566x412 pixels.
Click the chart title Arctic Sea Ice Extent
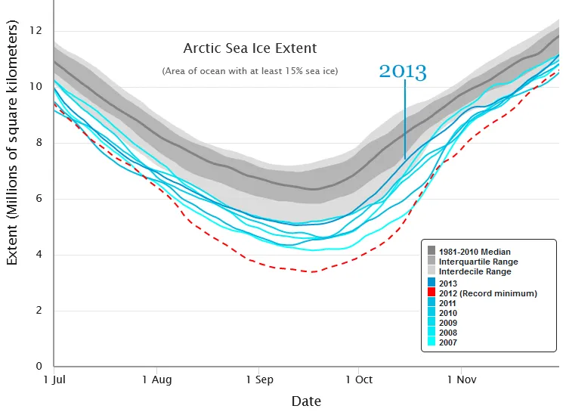[x=249, y=48]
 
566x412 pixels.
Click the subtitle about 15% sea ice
[x=249, y=71]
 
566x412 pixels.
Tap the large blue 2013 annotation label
[x=403, y=73]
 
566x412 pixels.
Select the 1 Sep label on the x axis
[x=258, y=380]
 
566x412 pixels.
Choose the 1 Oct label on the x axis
[x=358, y=380]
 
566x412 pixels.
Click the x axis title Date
[x=306, y=401]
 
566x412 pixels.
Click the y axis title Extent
[x=13, y=144]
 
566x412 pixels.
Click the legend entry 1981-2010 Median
[x=475, y=250]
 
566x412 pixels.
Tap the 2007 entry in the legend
[x=447, y=342]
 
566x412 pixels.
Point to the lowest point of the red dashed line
[x=311, y=271]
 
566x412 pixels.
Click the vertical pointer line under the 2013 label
[x=405, y=121]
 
